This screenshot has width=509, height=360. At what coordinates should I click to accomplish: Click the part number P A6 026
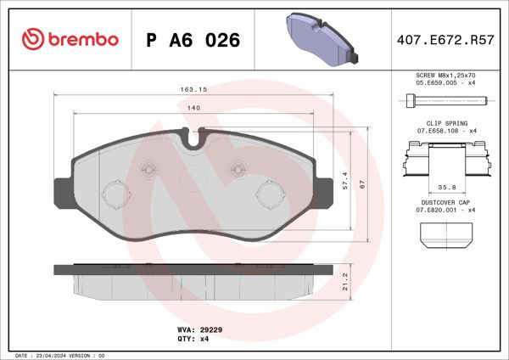(x=193, y=40)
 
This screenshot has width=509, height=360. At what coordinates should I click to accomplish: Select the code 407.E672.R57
(x=445, y=40)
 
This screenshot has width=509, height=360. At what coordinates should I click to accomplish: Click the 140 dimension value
(x=194, y=108)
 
